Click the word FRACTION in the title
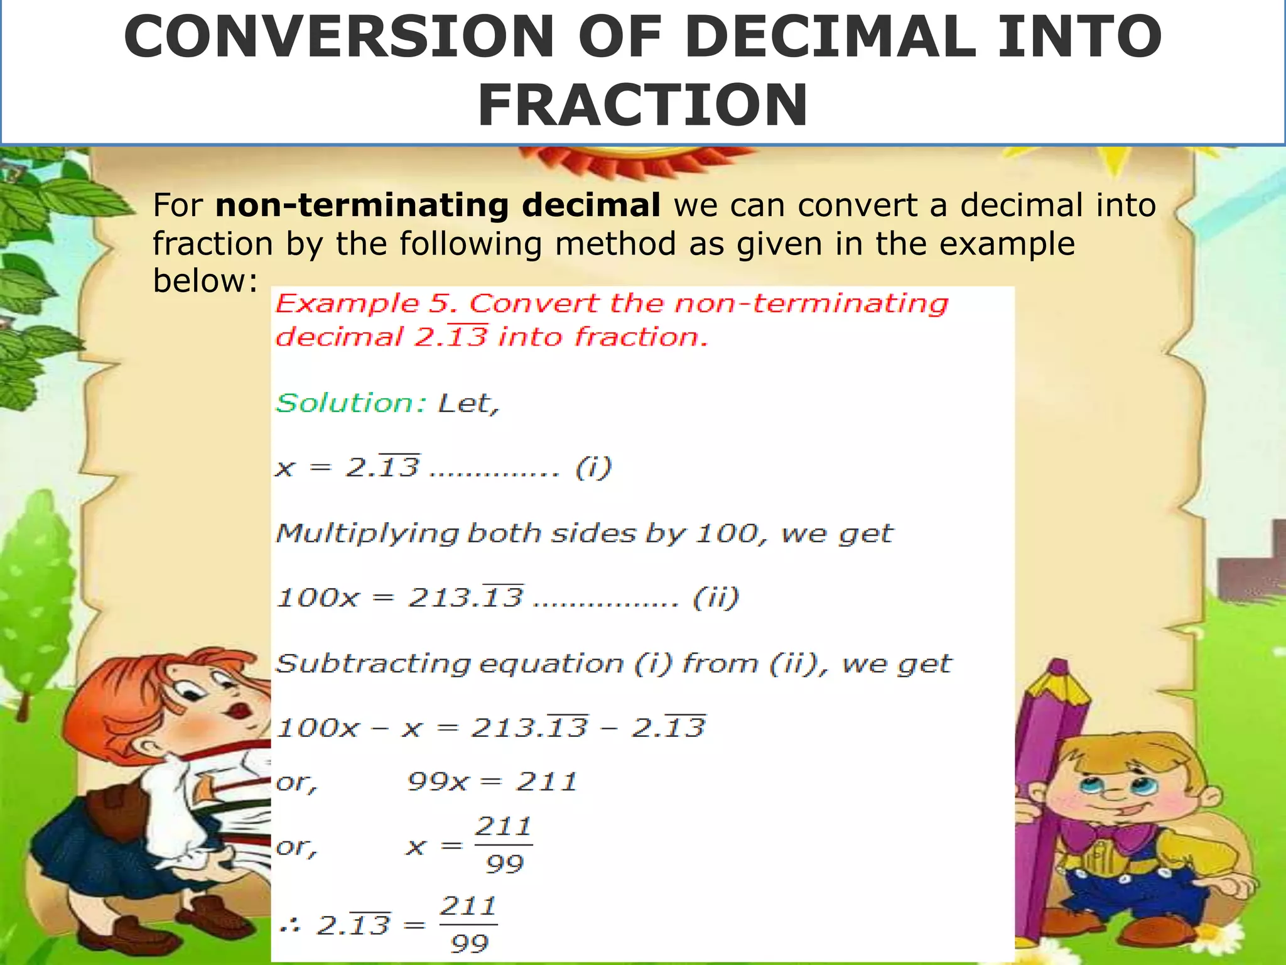[642, 105]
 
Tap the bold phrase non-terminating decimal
[438, 205]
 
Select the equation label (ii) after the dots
[716, 597]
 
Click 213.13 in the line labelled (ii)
[465, 597]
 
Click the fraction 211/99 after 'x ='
[504, 845]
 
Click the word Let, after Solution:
[468, 403]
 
